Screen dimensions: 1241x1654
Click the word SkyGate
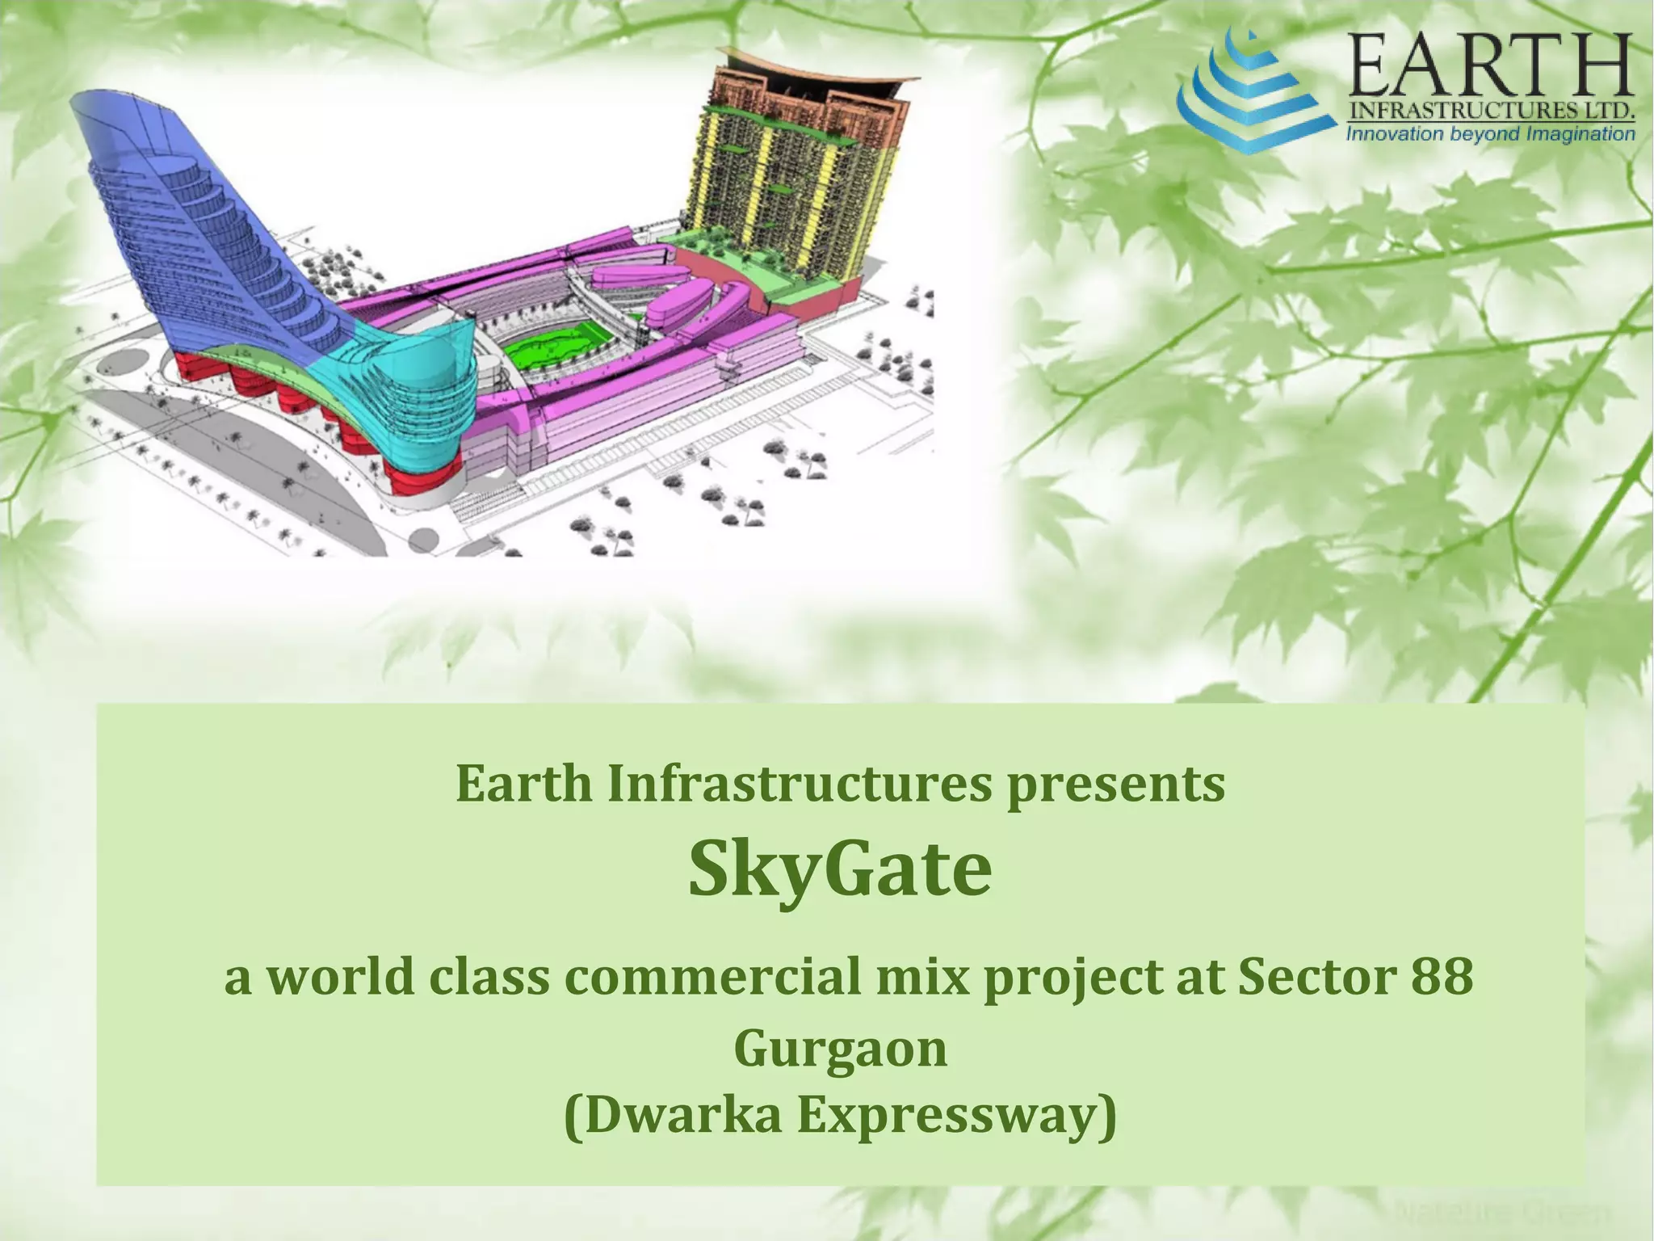click(840, 870)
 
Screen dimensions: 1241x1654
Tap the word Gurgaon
click(840, 1049)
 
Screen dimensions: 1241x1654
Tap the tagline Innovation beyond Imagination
click(1490, 134)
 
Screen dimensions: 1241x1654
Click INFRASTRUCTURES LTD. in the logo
click(1490, 111)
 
